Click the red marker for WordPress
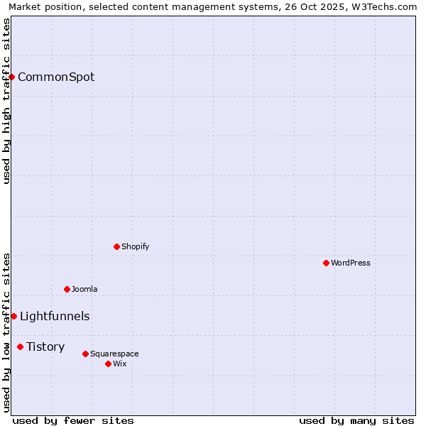326,263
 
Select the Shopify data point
116,246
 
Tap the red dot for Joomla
67,289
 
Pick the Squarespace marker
85,354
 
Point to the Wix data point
108,364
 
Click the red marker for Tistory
20,346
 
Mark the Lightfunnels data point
13,316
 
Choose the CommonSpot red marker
12,77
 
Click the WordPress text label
351,263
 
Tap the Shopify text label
135,246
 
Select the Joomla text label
84,289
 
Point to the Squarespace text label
114,354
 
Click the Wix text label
119,364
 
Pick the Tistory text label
45,346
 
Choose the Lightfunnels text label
55,316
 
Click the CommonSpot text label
56,77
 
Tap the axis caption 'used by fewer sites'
73,420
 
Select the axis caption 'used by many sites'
356,420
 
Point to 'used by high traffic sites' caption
6,101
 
